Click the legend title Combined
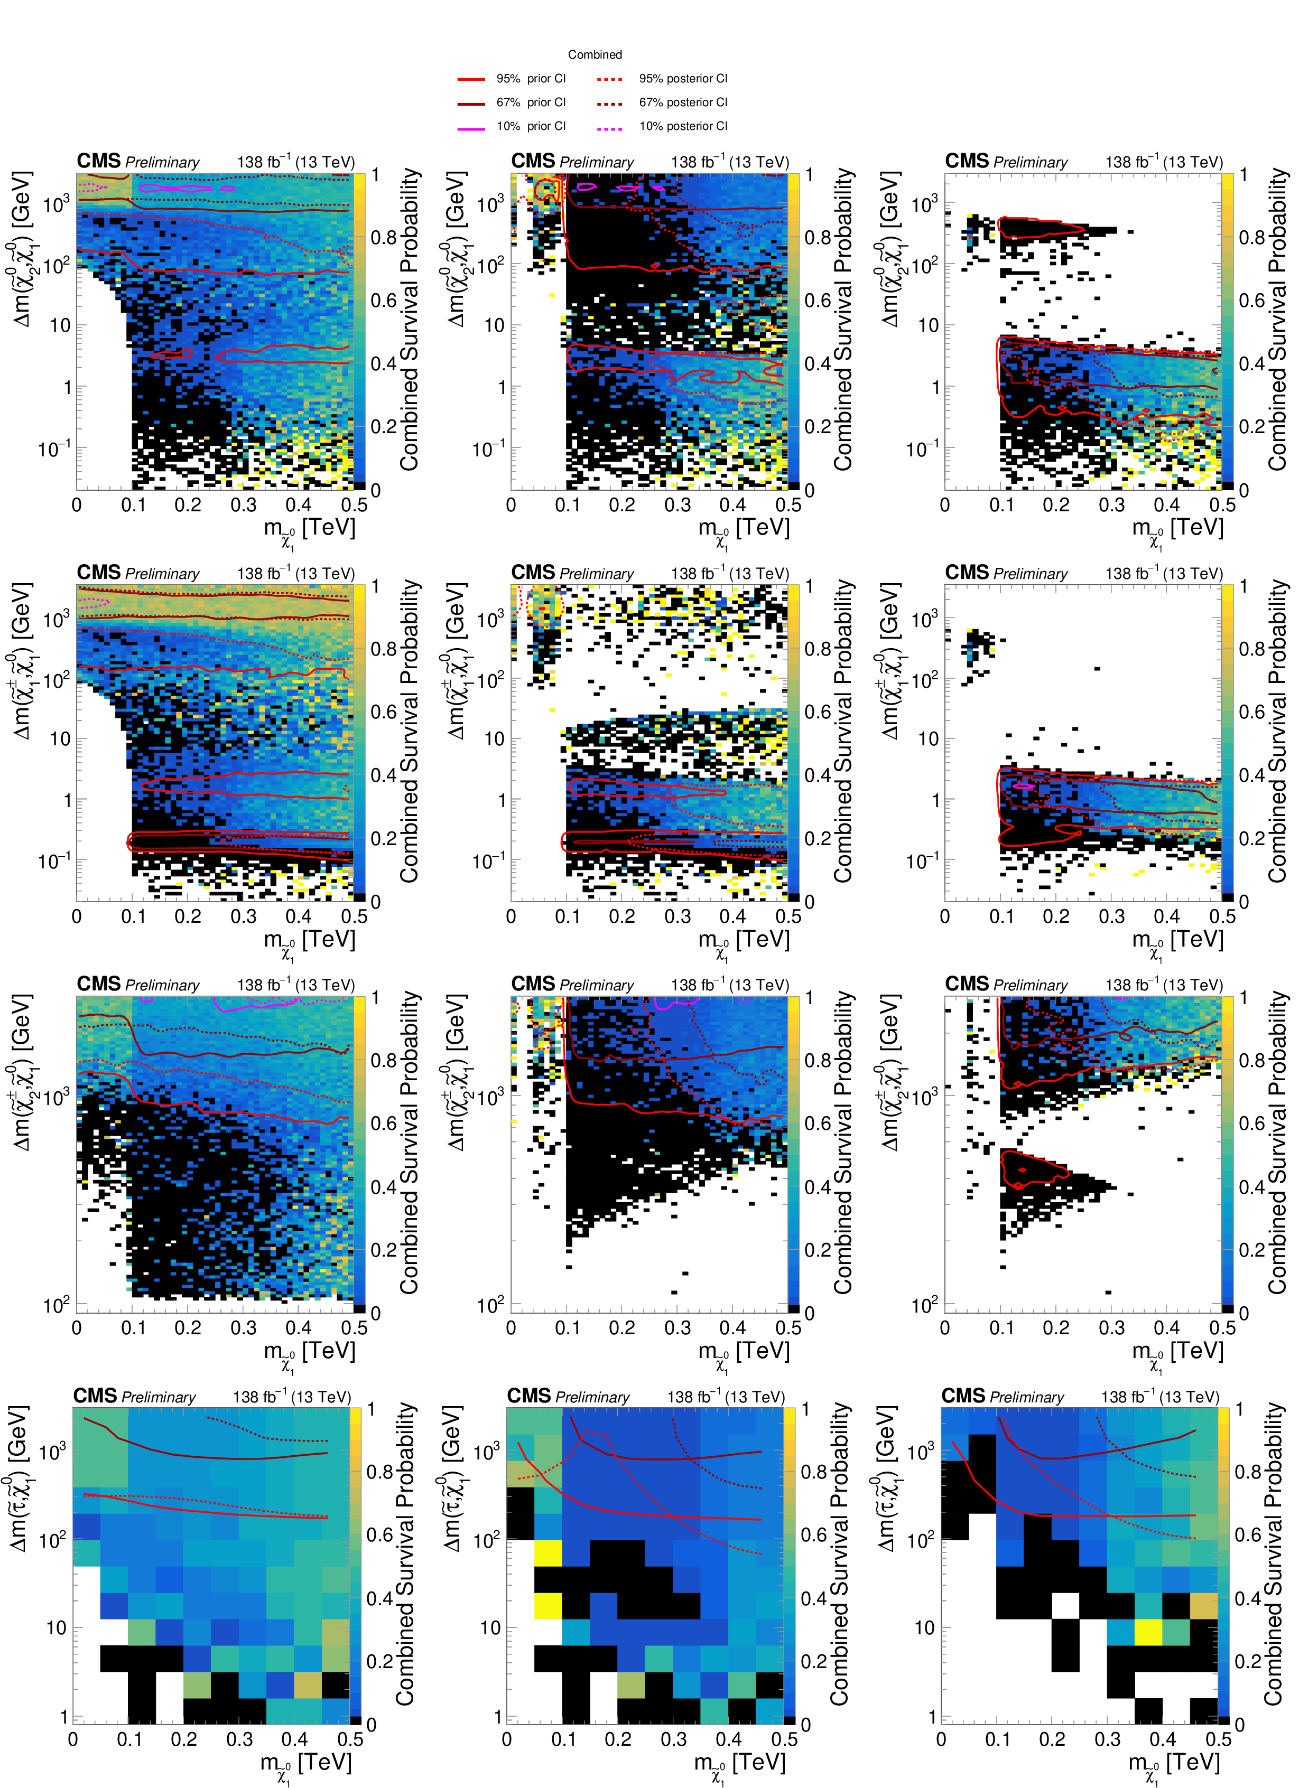[x=595, y=54]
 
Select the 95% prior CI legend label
[x=531, y=79]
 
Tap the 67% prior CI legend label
[x=531, y=102]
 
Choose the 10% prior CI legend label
[x=531, y=126]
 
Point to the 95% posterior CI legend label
[x=683, y=79]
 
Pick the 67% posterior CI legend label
[x=683, y=102]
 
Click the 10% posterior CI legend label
[x=683, y=126]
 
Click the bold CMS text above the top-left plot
[x=99, y=161]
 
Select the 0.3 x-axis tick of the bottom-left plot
[x=240, y=1738]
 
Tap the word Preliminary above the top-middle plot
[x=596, y=162]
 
